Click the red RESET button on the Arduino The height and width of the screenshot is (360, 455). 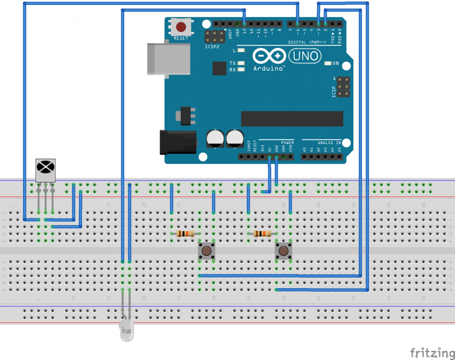tap(180, 27)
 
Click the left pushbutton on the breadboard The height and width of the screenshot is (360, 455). tap(206, 251)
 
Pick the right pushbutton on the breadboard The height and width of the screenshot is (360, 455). tap(284, 251)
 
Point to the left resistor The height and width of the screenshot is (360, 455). tap(186, 233)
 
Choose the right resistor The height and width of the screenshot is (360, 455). tap(262, 233)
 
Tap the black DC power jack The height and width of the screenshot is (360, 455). tap(177, 142)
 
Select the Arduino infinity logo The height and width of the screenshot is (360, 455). tap(267, 56)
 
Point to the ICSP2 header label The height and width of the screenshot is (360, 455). tap(212, 47)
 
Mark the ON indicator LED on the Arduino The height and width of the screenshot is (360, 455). tap(335, 63)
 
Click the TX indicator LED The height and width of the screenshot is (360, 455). tap(241, 63)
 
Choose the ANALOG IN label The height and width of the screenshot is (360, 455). tap(329, 143)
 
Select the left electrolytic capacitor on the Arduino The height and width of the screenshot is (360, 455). tap(215, 138)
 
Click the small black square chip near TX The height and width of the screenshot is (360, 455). tap(219, 68)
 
